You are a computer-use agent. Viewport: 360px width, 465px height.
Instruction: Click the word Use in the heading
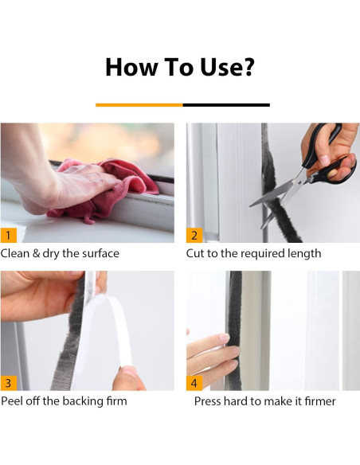point(221,67)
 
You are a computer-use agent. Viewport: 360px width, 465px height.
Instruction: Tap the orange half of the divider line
point(139,105)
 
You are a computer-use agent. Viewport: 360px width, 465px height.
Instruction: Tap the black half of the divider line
point(226,105)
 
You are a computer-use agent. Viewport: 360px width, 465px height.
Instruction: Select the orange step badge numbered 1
point(8,235)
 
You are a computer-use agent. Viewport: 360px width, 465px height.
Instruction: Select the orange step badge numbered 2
point(194,235)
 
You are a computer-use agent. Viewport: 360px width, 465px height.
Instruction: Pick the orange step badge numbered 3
point(8,383)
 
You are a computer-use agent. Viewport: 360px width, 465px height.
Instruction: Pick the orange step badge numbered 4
point(194,383)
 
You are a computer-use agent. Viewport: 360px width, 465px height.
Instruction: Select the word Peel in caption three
point(12,401)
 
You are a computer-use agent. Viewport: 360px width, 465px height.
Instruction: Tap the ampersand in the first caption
point(36,253)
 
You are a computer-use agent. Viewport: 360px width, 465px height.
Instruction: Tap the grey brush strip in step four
point(234,329)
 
